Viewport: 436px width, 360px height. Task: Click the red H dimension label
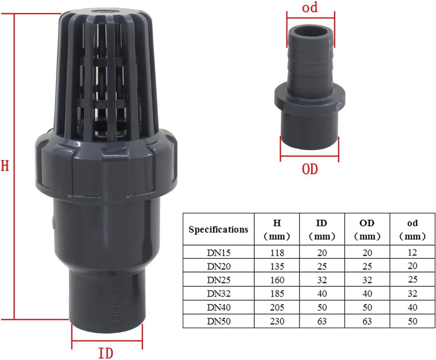(5, 165)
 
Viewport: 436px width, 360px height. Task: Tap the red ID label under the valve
(106, 353)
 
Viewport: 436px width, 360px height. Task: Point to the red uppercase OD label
(310, 169)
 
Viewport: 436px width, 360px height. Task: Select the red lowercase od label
(310, 7)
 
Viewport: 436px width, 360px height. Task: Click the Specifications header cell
(218, 229)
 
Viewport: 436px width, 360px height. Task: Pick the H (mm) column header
(277, 230)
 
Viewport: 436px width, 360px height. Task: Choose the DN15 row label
(219, 253)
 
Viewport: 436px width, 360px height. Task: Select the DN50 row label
(219, 321)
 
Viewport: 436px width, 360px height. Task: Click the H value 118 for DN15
(277, 253)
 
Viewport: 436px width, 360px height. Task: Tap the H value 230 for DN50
(277, 321)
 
